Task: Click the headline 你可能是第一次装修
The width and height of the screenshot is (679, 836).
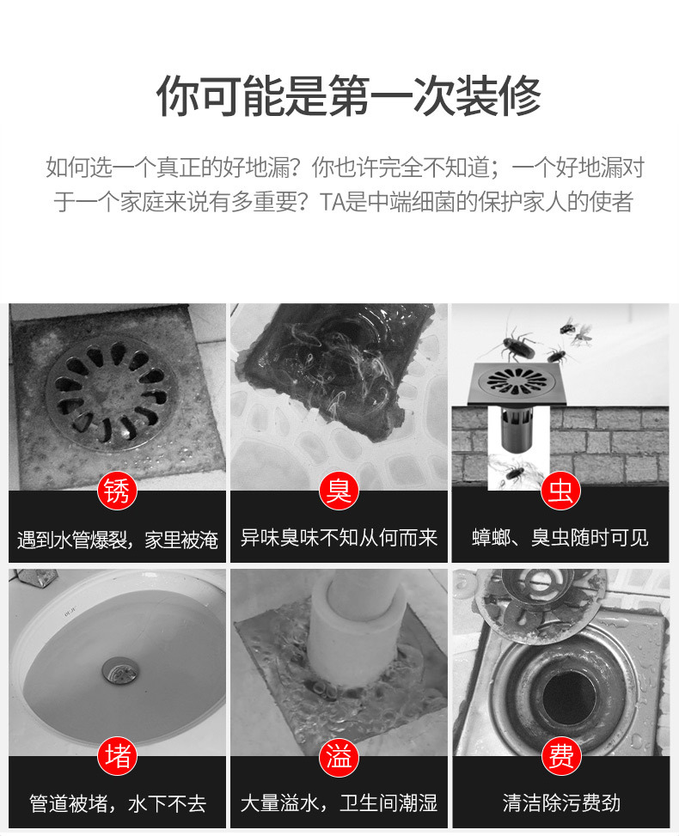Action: pos(348,95)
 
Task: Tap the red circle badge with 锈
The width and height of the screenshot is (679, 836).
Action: pos(118,491)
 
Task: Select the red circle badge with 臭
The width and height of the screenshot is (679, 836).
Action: pos(339,491)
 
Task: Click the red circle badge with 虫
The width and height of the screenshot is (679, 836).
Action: pos(560,491)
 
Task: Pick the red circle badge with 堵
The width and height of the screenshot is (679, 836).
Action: pos(118,757)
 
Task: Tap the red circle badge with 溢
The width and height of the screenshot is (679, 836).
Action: pos(339,757)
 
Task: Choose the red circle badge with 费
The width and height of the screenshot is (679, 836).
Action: pos(560,757)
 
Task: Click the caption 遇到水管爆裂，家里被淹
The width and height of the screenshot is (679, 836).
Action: pos(118,540)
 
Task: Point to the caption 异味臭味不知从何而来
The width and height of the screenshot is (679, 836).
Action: pos(339,539)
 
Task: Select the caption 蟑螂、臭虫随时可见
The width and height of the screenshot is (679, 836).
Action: pos(560,539)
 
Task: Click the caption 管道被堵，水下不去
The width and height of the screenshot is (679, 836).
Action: pos(118,804)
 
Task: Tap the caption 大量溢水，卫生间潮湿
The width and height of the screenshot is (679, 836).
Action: pos(339,804)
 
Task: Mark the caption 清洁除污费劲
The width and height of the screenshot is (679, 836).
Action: pos(560,804)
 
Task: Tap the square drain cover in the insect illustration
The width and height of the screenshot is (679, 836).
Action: pos(516,381)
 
